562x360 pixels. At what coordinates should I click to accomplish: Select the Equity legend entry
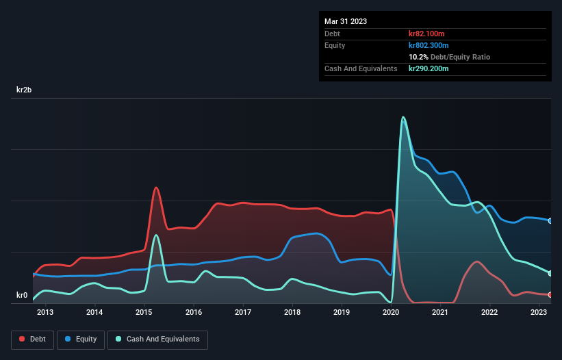click(x=81, y=339)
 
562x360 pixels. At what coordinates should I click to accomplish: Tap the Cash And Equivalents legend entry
click(x=157, y=339)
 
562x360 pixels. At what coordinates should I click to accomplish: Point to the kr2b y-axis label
click(x=26, y=90)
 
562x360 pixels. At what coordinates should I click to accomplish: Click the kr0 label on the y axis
click(x=22, y=296)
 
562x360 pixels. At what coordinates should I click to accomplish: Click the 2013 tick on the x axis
click(x=45, y=313)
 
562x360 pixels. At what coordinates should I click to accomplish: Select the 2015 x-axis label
click(x=144, y=313)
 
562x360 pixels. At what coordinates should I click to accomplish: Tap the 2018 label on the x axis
click(x=292, y=313)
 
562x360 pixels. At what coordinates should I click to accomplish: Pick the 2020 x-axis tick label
click(x=391, y=313)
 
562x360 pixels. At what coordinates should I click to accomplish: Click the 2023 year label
click(x=539, y=313)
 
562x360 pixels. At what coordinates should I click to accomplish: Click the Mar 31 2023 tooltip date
click(x=346, y=21)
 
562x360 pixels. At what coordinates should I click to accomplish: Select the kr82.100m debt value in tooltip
click(x=428, y=34)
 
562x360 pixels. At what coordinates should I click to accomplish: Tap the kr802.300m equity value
click(x=430, y=45)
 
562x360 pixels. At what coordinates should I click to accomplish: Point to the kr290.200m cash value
click(x=430, y=68)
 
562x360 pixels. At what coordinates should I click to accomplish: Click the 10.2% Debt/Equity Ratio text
click(x=449, y=57)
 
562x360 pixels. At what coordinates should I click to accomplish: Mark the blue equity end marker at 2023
click(x=550, y=220)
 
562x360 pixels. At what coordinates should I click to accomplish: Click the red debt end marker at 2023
click(x=550, y=295)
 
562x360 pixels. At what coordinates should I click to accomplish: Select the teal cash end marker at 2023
click(x=550, y=273)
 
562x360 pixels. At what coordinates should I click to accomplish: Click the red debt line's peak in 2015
click(x=156, y=188)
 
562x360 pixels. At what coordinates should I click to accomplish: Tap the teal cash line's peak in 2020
click(x=403, y=117)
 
